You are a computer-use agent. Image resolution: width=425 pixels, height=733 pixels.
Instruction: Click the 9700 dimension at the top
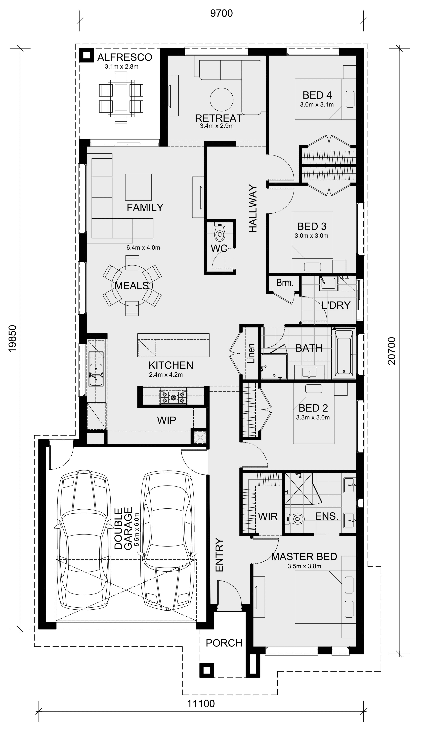tap(221, 13)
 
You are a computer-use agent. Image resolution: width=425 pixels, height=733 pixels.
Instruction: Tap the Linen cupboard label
tap(251, 353)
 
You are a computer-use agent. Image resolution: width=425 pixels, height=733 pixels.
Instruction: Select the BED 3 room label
tap(312, 226)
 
